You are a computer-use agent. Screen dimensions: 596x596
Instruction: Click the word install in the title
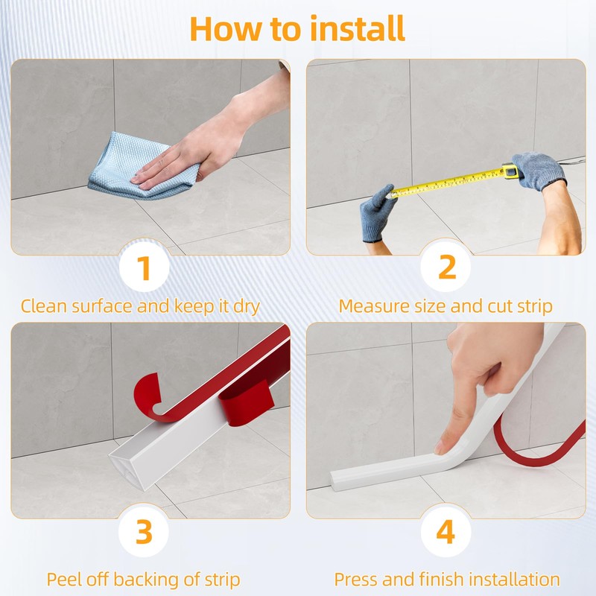tap(358, 28)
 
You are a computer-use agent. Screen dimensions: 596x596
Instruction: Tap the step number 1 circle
tap(144, 267)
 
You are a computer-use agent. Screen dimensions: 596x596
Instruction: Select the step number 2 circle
tap(446, 267)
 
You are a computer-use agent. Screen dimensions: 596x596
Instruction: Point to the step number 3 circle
tap(144, 532)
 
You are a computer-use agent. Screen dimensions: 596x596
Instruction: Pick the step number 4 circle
tap(446, 532)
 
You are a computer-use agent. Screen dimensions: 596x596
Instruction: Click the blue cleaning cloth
tap(137, 167)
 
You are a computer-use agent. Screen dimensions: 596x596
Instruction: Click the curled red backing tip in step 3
tap(146, 390)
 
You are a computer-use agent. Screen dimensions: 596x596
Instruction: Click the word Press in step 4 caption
tap(356, 580)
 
